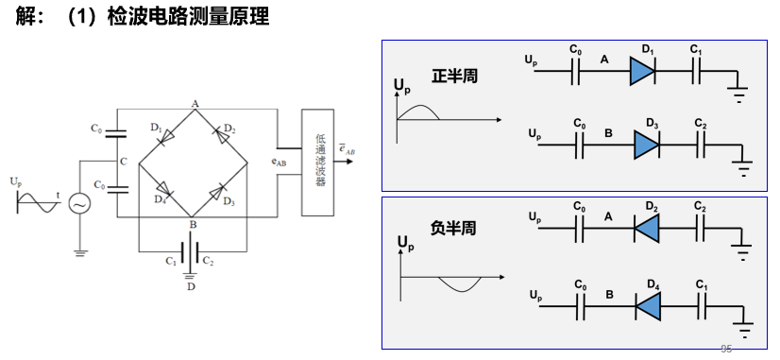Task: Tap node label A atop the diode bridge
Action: coord(194,103)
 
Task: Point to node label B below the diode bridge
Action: coord(193,225)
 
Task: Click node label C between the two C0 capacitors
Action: coord(124,162)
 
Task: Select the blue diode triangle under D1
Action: coord(644,72)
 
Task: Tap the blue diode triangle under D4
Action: coord(648,304)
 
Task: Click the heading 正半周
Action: coord(454,76)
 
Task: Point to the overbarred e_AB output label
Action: coord(347,147)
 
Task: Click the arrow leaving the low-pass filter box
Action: coord(343,162)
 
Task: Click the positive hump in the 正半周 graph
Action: coord(417,111)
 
